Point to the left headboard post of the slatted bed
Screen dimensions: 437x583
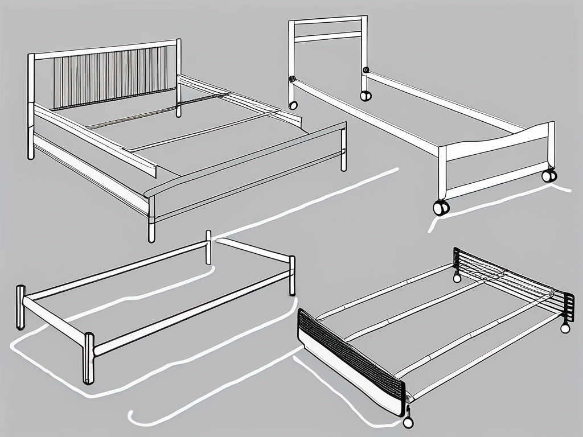tap(31, 105)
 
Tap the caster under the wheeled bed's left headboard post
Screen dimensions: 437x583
tap(293, 105)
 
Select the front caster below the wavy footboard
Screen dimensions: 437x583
tap(441, 208)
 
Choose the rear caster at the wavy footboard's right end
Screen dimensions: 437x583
tap(549, 176)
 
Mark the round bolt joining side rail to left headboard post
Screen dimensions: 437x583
tap(293, 79)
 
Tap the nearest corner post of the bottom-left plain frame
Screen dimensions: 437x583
tap(89, 358)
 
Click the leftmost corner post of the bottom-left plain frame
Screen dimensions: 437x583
tap(20, 307)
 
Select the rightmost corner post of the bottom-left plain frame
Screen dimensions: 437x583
tap(292, 275)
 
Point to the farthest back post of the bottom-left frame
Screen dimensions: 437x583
tap(208, 247)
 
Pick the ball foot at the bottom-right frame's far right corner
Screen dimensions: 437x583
tap(565, 328)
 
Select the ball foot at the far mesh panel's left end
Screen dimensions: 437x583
tap(457, 278)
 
